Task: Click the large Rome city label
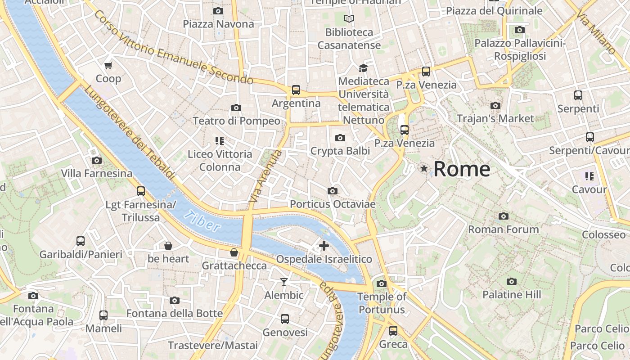pos(462,169)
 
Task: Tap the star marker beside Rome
pos(423,169)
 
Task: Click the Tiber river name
pos(202,221)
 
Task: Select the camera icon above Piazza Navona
pos(218,11)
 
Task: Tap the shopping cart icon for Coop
pos(108,66)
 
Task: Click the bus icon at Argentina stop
pos(296,90)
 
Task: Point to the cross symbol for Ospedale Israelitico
pos(324,246)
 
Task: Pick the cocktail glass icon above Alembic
pos(283,282)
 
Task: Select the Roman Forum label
pos(503,229)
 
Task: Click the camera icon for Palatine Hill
pos(511,282)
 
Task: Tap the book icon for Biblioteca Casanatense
pos(349,19)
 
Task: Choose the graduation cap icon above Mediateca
pos(363,68)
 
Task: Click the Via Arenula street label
pos(265,176)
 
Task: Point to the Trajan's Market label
pos(495,119)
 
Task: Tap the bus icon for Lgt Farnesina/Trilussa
pos(141,191)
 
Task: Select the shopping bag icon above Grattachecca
pos(234,252)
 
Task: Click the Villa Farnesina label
pos(97,173)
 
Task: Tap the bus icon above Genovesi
pos(285,319)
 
